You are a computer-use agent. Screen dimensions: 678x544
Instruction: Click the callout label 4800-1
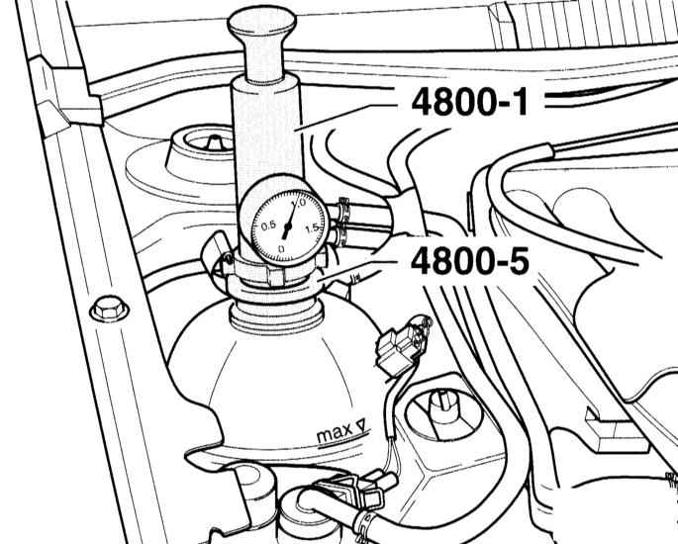pos(469,102)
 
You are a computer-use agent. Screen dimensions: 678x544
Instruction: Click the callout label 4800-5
pos(469,261)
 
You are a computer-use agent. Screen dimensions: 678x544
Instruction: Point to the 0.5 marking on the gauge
pos(269,226)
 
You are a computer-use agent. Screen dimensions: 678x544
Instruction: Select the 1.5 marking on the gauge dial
pos(312,228)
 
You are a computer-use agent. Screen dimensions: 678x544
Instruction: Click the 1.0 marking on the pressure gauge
pos(298,203)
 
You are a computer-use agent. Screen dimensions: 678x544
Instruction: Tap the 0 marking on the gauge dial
pos(281,249)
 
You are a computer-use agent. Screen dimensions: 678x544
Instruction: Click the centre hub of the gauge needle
pos(288,226)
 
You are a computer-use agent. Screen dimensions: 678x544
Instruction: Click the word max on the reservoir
pos(335,433)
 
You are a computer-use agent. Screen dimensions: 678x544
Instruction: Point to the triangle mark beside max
pos(361,424)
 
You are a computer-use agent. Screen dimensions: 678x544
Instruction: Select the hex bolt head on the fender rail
pos(109,308)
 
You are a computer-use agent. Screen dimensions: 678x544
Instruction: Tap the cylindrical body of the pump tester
pos(267,130)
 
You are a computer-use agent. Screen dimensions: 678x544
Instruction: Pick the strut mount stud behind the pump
pos(213,141)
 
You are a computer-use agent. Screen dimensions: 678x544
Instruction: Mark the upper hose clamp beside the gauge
pos(343,209)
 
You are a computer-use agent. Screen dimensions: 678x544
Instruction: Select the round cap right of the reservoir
pos(443,414)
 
